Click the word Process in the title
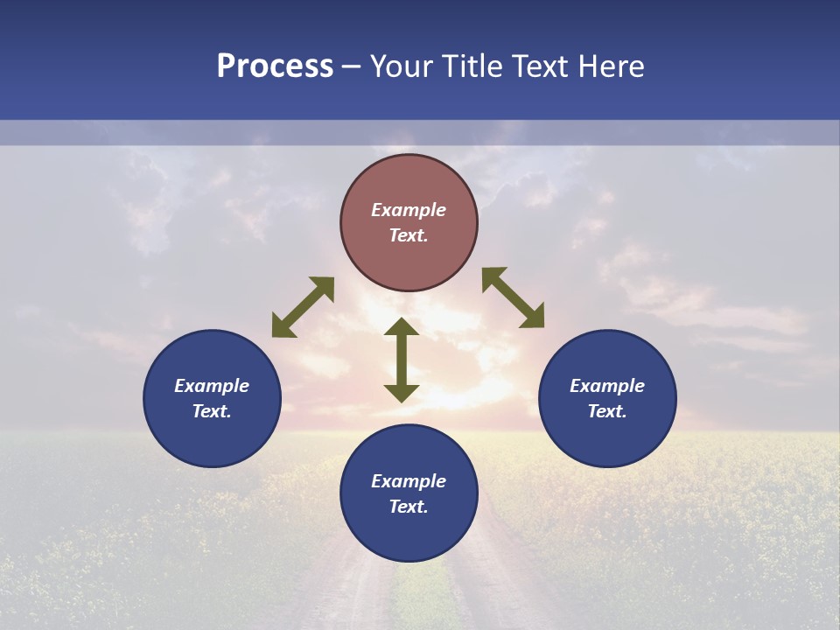click(x=275, y=66)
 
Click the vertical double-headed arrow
click(x=402, y=360)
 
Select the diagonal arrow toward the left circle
click(x=303, y=307)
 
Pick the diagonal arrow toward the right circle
click(x=514, y=297)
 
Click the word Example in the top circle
click(x=409, y=210)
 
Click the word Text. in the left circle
click(x=212, y=411)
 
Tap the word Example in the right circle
click(x=607, y=386)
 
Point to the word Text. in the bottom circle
click(x=409, y=507)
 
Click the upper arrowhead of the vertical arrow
click(x=402, y=328)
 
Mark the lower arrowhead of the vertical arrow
click(x=402, y=392)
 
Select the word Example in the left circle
click(x=212, y=386)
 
